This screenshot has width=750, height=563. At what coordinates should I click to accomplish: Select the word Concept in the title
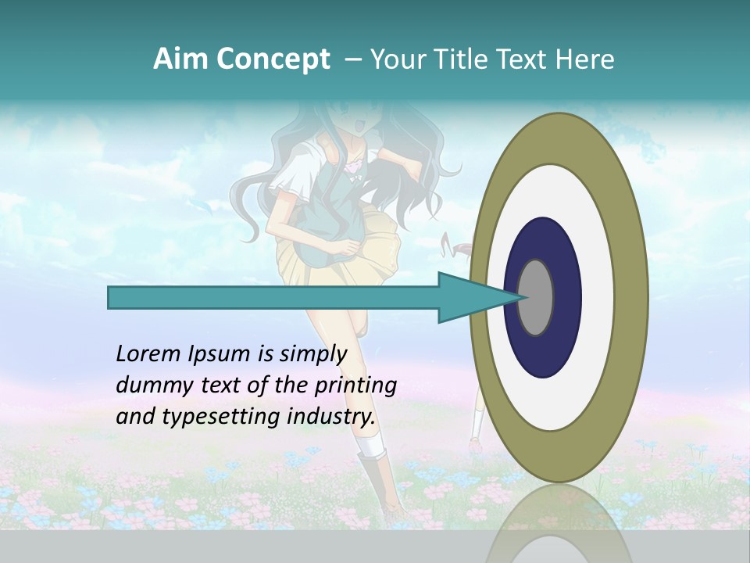273,60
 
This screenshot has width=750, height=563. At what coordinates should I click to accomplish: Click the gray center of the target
535,297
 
